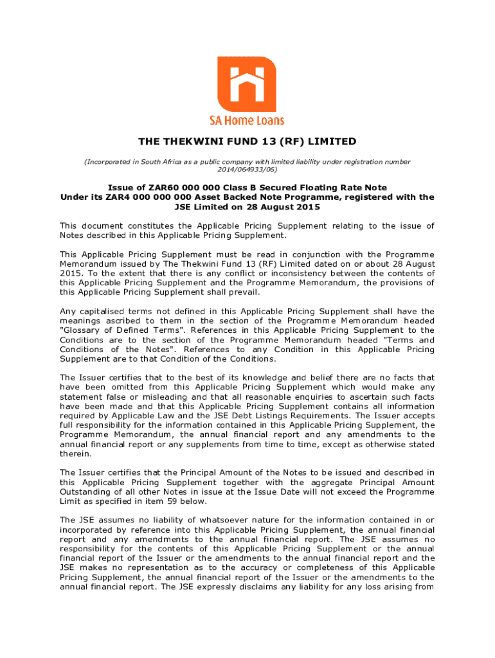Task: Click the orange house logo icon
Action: [247, 84]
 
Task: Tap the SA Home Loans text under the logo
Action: [247, 120]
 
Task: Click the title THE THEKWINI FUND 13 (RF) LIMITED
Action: [247, 141]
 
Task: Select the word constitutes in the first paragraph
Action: [151, 226]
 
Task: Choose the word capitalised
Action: [103, 312]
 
